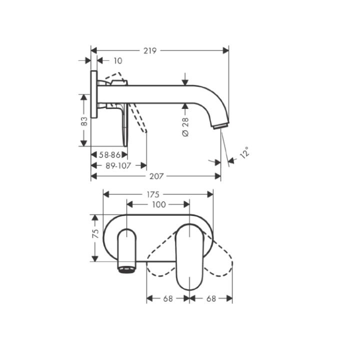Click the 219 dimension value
click(x=150, y=50)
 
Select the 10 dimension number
click(x=117, y=61)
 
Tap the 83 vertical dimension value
click(x=84, y=120)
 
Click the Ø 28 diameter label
click(x=185, y=127)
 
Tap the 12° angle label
click(x=244, y=152)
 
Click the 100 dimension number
click(x=158, y=204)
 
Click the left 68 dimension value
click(x=167, y=298)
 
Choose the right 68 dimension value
click(x=211, y=298)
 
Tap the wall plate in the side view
click(x=93, y=95)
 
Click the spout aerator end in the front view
click(x=126, y=269)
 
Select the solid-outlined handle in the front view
click(x=189, y=255)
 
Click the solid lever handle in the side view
click(x=123, y=125)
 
